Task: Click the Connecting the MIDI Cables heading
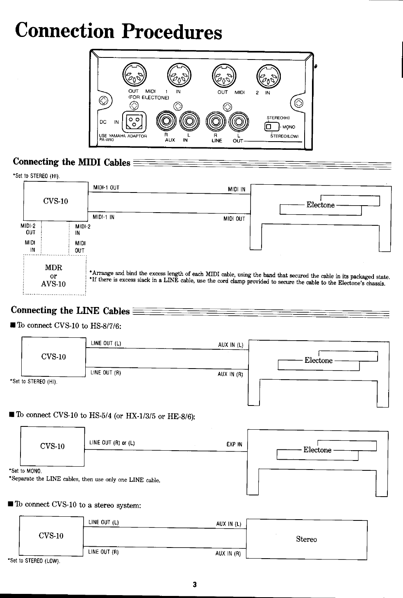tap(72, 162)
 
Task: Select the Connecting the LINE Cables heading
tap(71, 310)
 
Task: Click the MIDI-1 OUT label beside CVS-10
tap(106, 188)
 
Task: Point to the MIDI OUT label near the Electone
tap(234, 219)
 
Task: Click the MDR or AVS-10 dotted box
tap(54, 275)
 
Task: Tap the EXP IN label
tap(234, 444)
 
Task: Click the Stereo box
tap(306, 539)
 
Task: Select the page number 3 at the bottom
tap(195, 584)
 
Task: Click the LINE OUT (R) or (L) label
tap(112, 443)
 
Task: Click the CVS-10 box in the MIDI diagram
tap(56, 201)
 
